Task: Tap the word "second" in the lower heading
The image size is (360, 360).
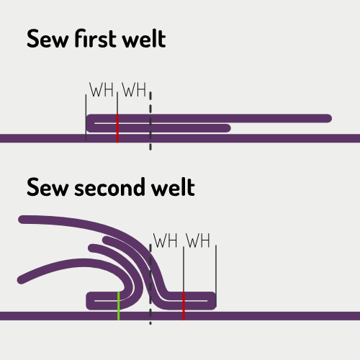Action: click(x=104, y=189)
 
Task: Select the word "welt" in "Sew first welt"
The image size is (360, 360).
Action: click(x=143, y=39)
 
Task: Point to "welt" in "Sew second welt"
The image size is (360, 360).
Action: click(x=173, y=189)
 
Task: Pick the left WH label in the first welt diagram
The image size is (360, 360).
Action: click(x=101, y=91)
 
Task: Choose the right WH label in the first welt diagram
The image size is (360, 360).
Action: click(x=134, y=91)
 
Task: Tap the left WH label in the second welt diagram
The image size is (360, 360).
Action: click(x=166, y=240)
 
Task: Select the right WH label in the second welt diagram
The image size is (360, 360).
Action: click(x=199, y=240)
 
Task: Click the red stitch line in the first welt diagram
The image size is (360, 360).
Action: click(x=117, y=128)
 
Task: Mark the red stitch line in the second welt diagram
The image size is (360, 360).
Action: click(x=184, y=306)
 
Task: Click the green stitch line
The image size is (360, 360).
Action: click(x=118, y=305)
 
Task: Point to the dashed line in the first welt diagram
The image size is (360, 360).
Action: click(x=150, y=122)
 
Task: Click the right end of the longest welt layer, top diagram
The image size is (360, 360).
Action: click(x=328, y=118)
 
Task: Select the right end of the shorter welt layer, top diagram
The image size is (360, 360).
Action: click(x=228, y=128)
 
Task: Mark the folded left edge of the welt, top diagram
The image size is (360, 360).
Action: click(x=89, y=123)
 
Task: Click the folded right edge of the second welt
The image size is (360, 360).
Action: click(x=215, y=300)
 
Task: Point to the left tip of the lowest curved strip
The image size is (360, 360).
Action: click(x=20, y=279)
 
